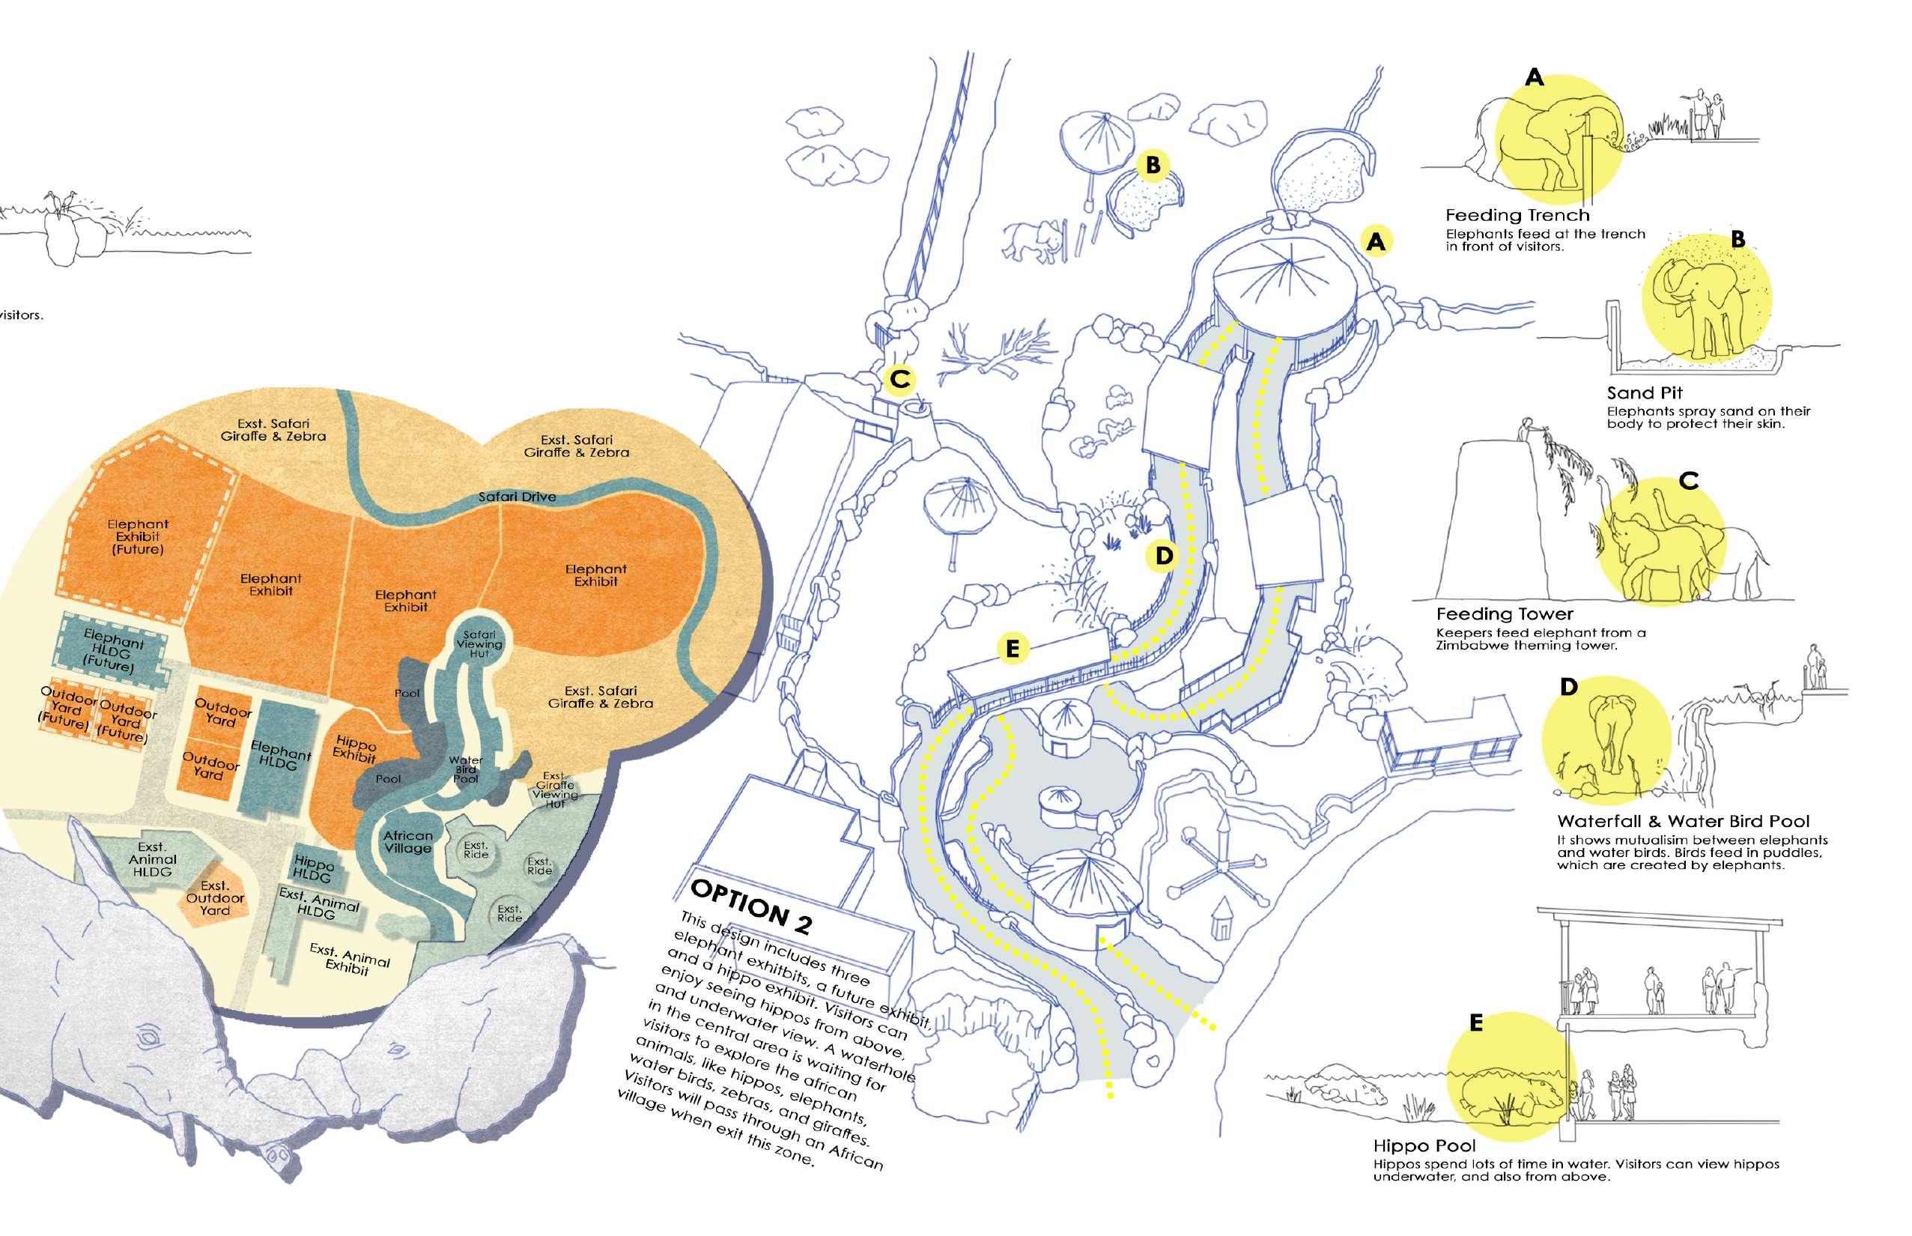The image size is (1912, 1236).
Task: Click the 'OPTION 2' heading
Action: [751, 905]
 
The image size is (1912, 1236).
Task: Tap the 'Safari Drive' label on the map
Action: [517, 497]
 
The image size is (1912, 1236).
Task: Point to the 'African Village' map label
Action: [407, 842]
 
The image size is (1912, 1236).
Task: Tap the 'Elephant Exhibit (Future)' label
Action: [138, 537]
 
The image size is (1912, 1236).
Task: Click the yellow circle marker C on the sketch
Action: [899, 380]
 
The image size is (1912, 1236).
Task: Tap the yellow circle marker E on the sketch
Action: [1012, 649]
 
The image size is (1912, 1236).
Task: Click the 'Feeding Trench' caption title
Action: [1517, 215]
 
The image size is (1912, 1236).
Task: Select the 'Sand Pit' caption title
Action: [1644, 393]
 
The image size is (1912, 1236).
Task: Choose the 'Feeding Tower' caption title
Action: [1505, 614]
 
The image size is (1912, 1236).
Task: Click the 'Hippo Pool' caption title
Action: [1424, 1145]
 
